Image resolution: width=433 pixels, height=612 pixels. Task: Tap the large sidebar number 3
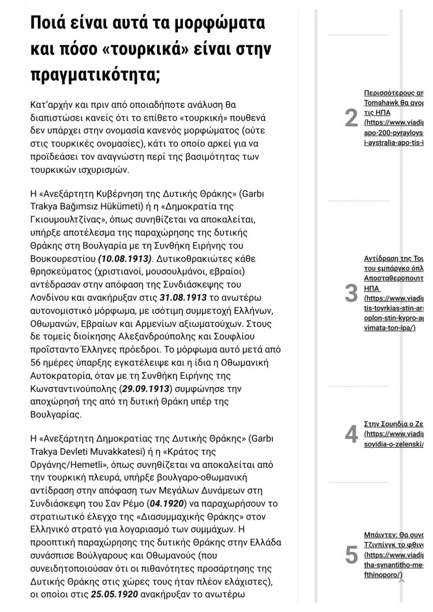pyautogui.click(x=351, y=293)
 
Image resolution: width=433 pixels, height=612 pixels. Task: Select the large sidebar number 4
pyautogui.click(x=351, y=434)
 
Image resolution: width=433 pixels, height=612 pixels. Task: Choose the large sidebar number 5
pyautogui.click(x=351, y=555)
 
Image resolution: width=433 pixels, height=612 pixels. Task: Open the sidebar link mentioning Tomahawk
pyautogui.click(x=395, y=101)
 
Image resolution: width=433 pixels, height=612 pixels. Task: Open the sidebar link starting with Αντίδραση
pyautogui.click(x=395, y=258)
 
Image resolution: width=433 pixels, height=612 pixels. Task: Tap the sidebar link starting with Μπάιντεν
pyautogui.click(x=395, y=534)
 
